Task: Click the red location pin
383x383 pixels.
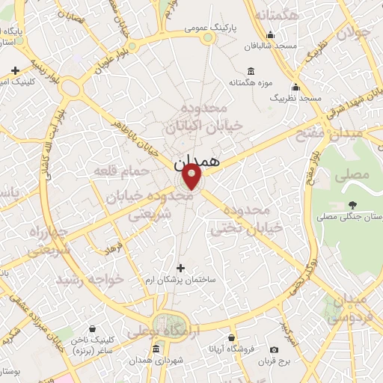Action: pos(192,177)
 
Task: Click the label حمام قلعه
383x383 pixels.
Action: pos(117,172)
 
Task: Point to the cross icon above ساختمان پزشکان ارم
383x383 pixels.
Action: pos(180,267)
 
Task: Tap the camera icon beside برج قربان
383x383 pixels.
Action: pos(275,349)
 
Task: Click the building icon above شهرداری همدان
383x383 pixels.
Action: pos(156,349)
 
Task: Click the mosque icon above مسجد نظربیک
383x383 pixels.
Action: pos(296,87)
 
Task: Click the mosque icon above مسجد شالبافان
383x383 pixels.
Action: pos(270,34)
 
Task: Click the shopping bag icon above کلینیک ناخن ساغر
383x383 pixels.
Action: pos(91,328)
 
